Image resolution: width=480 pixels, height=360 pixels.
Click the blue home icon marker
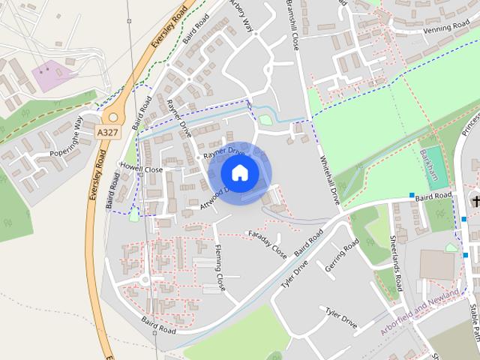coord(239,173)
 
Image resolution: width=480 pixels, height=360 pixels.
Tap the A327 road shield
coord(106,131)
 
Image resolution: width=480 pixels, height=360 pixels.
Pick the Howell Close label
coord(142,169)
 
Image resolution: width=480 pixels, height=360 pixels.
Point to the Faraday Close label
coord(267,243)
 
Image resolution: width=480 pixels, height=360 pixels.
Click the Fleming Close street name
coord(220,266)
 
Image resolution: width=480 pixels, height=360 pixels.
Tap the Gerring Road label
coord(342,256)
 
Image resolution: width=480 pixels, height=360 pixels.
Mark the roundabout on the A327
coord(113,115)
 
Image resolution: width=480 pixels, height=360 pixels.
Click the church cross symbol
coord(475,201)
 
